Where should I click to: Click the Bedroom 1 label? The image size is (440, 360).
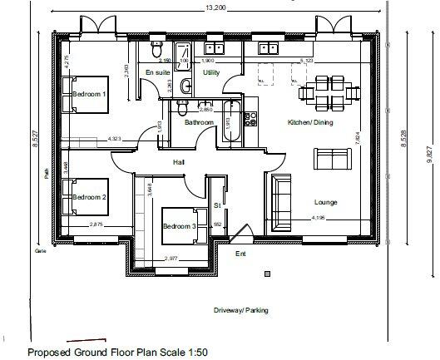[x=89, y=95]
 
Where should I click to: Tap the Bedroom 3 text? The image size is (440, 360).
[x=179, y=226]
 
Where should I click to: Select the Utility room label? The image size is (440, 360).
[x=211, y=73]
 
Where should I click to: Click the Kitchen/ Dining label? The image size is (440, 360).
[x=309, y=122]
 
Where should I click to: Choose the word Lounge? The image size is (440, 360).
[x=325, y=202]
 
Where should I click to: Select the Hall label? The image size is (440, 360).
[x=178, y=162]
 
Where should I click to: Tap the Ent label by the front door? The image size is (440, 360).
[x=240, y=254]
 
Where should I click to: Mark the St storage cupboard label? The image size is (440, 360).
[x=217, y=204]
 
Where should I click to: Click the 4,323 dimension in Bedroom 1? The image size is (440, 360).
[x=115, y=138]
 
